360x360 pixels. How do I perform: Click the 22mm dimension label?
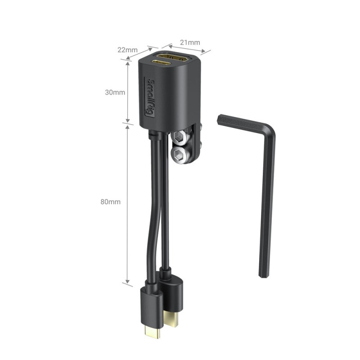click(127, 49)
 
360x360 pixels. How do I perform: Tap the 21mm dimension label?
click(190, 42)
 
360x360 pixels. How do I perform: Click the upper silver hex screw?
click(179, 137)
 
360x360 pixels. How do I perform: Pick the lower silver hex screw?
click(179, 154)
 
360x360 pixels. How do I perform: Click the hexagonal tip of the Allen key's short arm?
click(219, 121)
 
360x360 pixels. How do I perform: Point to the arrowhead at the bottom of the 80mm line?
click(128, 283)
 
